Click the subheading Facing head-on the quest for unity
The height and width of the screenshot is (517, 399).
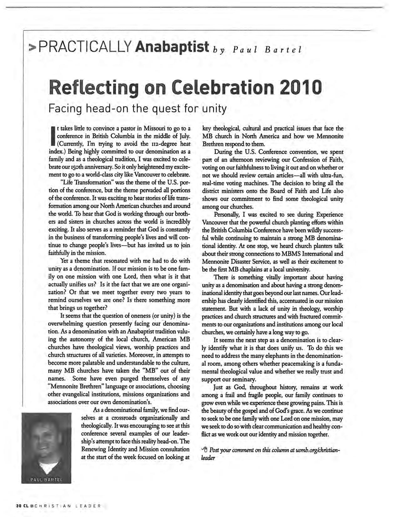pyautogui.click(x=137, y=108)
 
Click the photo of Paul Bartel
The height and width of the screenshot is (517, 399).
pyautogui.click(x=46, y=445)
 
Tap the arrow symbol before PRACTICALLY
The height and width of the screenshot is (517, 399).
pyautogui.click(x=32, y=48)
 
